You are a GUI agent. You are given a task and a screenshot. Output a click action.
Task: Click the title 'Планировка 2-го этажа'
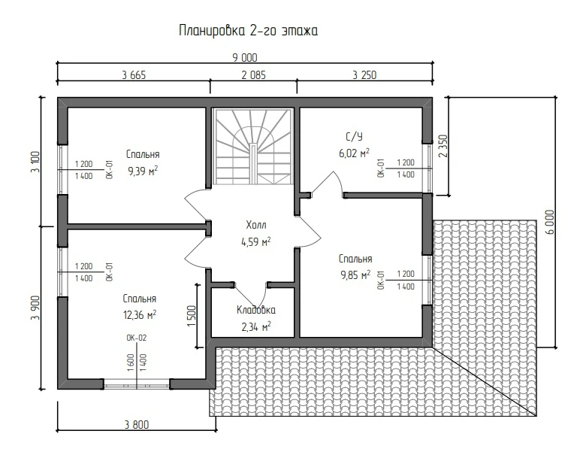[x=249, y=31]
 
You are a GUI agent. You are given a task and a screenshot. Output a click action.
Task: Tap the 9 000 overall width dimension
[x=245, y=58]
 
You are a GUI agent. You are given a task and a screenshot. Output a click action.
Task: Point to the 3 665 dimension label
[x=134, y=75]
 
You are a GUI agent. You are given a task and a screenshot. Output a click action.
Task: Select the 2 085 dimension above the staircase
[x=253, y=75]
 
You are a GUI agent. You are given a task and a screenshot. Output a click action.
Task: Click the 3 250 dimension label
[x=364, y=75]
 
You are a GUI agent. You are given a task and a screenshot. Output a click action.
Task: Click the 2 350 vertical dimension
[x=443, y=146]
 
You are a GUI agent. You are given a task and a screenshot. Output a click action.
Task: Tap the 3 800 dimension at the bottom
[x=137, y=425]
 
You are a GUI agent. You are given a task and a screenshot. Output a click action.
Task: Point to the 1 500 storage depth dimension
[x=192, y=316]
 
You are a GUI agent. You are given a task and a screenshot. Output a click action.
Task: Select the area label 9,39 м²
[x=143, y=171]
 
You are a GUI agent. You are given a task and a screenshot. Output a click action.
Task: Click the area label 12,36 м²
[x=140, y=315]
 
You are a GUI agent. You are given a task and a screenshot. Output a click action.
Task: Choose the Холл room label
[x=255, y=225]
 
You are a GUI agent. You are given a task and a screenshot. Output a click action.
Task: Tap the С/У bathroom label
[x=354, y=137]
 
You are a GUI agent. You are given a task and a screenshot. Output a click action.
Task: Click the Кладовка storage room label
[x=255, y=310]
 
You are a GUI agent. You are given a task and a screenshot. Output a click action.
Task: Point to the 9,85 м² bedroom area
[x=355, y=275]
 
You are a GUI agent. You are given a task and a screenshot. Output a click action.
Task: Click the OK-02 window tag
[x=136, y=338]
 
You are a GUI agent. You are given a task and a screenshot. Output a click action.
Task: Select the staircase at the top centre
[x=253, y=146]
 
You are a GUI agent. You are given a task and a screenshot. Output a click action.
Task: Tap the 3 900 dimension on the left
[x=35, y=308]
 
